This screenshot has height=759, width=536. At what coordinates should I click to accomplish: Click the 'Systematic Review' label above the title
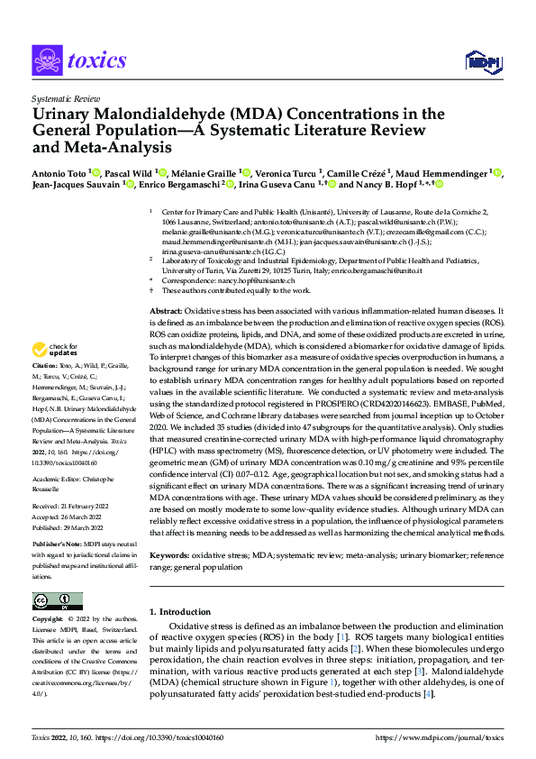(x=64, y=96)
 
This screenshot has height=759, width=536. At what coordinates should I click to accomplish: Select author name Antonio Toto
(x=59, y=172)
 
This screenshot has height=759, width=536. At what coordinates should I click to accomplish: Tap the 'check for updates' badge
(x=54, y=349)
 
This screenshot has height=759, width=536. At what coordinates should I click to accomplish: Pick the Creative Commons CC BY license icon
(x=57, y=601)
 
